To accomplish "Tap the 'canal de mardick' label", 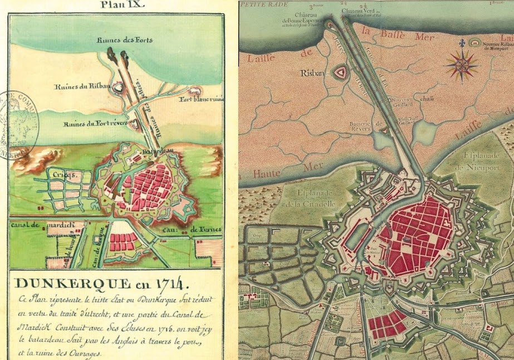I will tap(33, 228).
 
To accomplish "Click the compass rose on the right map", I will tap(462, 65).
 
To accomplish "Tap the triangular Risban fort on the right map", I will tap(339, 72).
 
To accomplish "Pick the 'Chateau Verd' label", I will tap(360, 11).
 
